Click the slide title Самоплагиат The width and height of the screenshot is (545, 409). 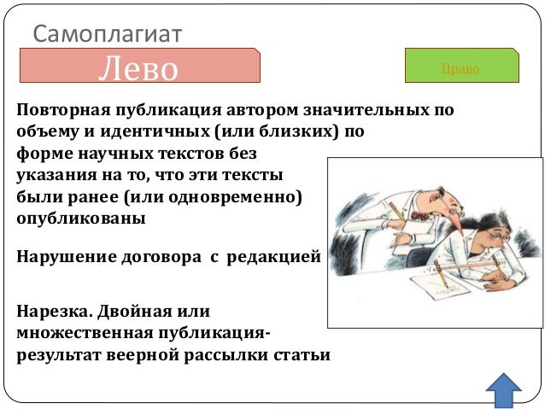click(107, 33)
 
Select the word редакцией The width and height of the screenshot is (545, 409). click(274, 256)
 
